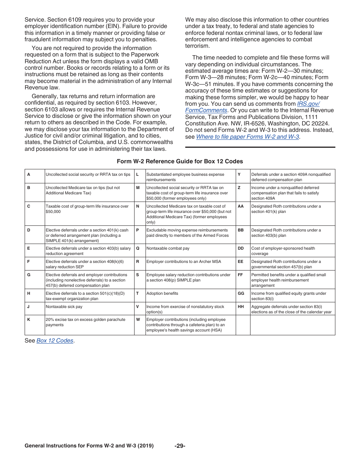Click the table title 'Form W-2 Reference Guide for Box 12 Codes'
pos(180,161)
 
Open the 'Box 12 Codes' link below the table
pos(55,341)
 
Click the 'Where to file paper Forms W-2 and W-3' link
pos(247,137)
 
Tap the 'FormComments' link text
pos(206,110)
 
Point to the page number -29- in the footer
pos(180,446)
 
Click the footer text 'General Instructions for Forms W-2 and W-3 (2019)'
pos(89,446)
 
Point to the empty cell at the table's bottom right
pos(292,325)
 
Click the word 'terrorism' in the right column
pos(197,46)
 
